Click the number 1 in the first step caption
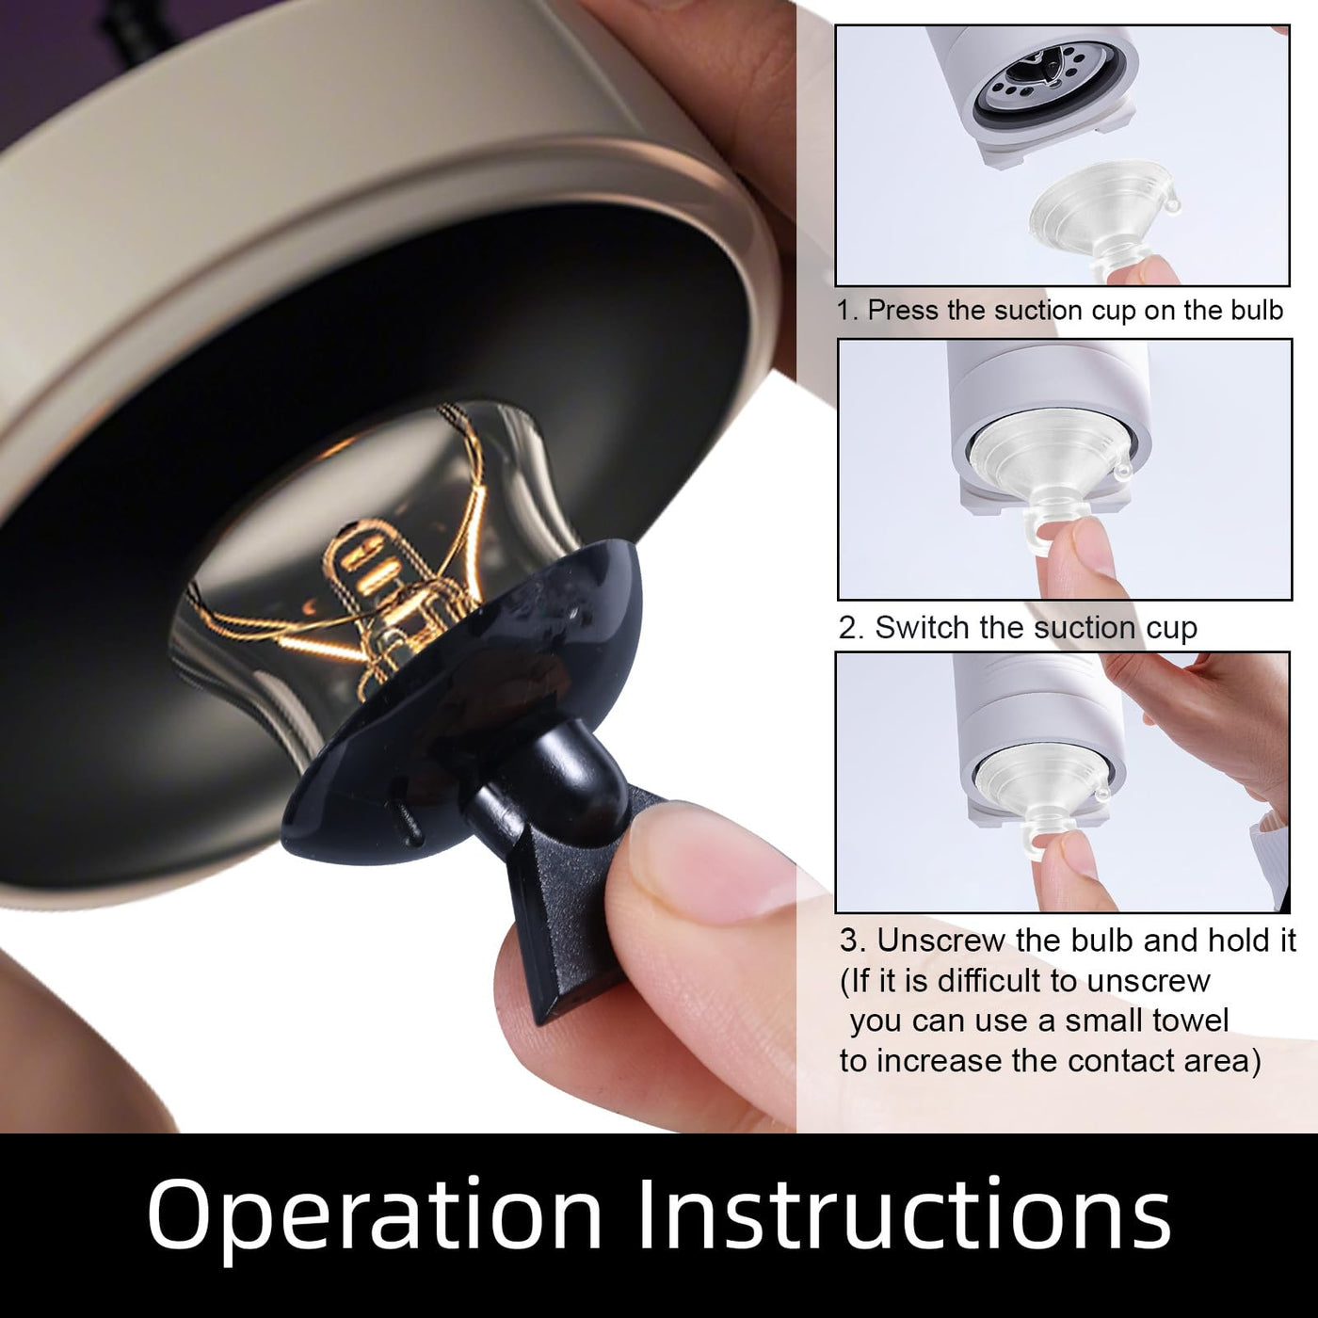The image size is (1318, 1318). pyautogui.click(x=846, y=311)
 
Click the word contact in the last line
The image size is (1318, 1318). pyautogui.click(x=1119, y=1061)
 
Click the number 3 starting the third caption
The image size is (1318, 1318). pyautogui.click(x=848, y=941)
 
